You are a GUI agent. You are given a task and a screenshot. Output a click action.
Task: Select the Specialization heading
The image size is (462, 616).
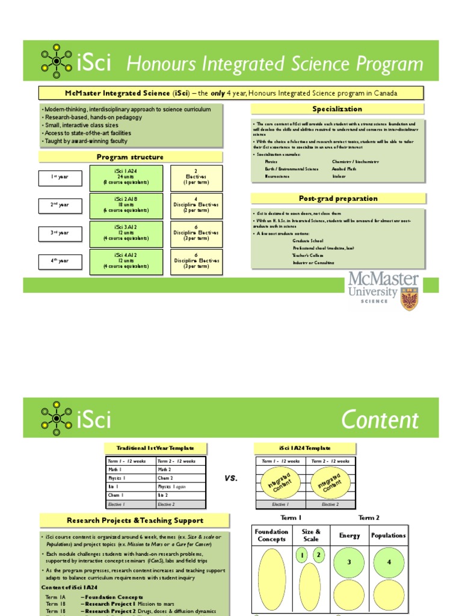pyautogui.click(x=337, y=109)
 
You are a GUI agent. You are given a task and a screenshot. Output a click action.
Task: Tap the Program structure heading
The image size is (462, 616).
pyautogui.click(x=130, y=157)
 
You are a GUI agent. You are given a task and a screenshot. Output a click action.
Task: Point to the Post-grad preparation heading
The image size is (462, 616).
pyautogui.click(x=338, y=199)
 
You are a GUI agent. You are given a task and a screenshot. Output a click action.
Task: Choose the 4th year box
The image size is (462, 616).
pyautogui.click(x=60, y=261)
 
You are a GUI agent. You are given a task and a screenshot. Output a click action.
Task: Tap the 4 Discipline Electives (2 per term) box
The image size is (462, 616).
pyautogui.click(x=196, y=205)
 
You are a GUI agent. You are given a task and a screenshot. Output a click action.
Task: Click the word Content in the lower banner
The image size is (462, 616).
pyautogui.click(x=380, y=420)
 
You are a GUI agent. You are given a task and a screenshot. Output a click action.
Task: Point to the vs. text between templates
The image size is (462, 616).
pyautogui.click(x=231, y=478)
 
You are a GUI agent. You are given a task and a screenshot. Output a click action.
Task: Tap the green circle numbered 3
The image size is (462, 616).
pyautogui.click(x=349, y=562)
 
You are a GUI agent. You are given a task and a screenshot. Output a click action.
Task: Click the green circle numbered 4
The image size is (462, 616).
pyautogui.click(x=389, y=562)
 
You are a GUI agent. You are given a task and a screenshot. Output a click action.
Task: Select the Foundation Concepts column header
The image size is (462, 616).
pyautogui.click(x=271, y=535)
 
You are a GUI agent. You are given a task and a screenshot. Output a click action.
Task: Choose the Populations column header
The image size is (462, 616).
pyautogui.click(x=388, y=535)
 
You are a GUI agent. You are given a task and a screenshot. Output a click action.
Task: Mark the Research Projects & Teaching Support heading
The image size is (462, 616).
pyautogui.click(x=135, y=520)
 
